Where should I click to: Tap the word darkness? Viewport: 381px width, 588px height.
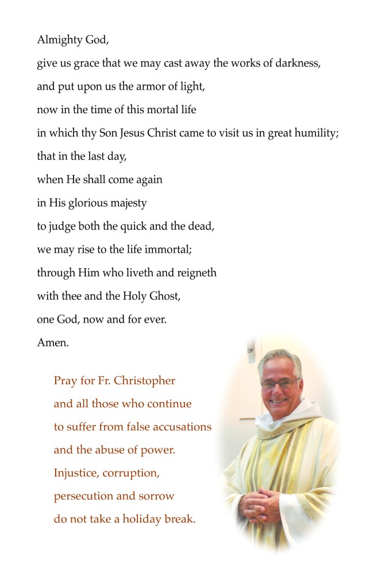coord(295,63)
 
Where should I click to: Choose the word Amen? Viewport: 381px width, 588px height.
coord(52,343)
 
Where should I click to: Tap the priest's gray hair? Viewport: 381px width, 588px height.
coord(279,358)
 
